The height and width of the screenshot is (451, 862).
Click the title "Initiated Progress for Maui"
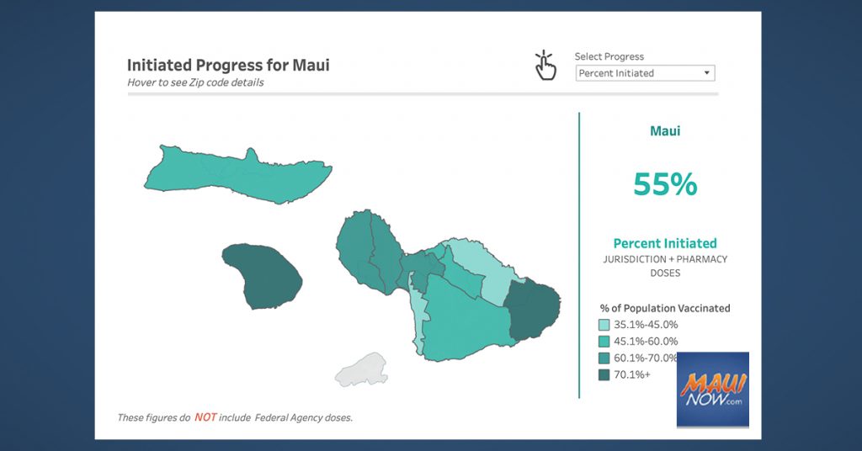pyautogui.click(x=228, y=65)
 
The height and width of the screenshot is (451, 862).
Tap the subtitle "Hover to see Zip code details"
pyautogui.click(x=195, y=82)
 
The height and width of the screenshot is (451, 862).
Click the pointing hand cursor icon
pyautogui.click(x=545, y=66)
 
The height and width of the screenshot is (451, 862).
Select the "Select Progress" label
pyautogui.click(x=609, y=56)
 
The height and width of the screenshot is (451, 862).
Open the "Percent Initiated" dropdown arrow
pyautogui.click(x=707, y=73)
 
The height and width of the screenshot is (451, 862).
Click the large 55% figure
pyautogui.click(x=665, y=184)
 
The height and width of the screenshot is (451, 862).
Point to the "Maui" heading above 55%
pyautogui.click(x=665, y=130)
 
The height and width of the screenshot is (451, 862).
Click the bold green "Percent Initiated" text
pyautogui.click(x=665, y=243)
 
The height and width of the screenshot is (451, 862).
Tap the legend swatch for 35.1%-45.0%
pyautogui.click(x=604, y=325)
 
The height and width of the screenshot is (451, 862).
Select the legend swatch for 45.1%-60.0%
pyautogui.click(x=604, y=341)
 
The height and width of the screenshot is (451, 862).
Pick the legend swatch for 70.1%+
pyautogui.click(x=604, y=374)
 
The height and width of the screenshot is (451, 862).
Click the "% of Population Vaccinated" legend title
pyautogui.click(x=665, y=308)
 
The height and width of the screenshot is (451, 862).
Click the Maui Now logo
pyautogui.click(x=713, y=390)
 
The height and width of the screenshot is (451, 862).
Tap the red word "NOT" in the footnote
pyautogui.click(x=205, y=417)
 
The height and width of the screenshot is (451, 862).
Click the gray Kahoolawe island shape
pyautogui.click(x=362, y=370)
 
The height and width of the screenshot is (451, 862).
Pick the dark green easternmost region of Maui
pyautogui.click(x=532, y=310)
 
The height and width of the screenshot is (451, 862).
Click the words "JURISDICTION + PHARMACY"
pyautogui.click(x=665, y=259)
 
